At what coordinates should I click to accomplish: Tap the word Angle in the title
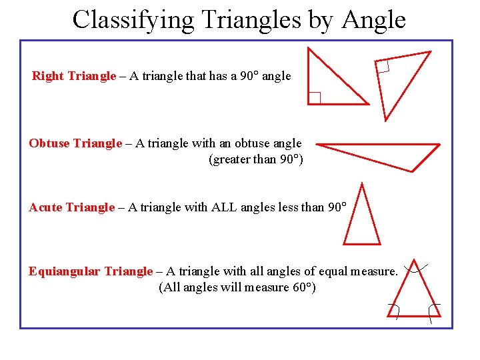pos(373,19)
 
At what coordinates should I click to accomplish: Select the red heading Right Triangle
pos(74,76)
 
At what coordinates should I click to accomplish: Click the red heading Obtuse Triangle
pos(75,143)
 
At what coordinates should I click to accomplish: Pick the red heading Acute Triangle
pos(72,207)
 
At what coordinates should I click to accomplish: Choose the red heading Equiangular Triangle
pos(91,271)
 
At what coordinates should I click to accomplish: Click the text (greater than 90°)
pos(256,159)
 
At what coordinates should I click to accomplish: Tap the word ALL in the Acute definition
pos(223,207)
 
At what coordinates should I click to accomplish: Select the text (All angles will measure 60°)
pos(237,287)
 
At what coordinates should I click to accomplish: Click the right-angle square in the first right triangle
pos(314,98)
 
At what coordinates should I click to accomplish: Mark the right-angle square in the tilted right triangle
pos(383,66)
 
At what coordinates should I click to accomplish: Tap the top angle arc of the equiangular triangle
pos(416,269)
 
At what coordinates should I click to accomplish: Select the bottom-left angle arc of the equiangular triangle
pos(394,311)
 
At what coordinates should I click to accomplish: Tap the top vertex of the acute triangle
pos(361,183)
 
